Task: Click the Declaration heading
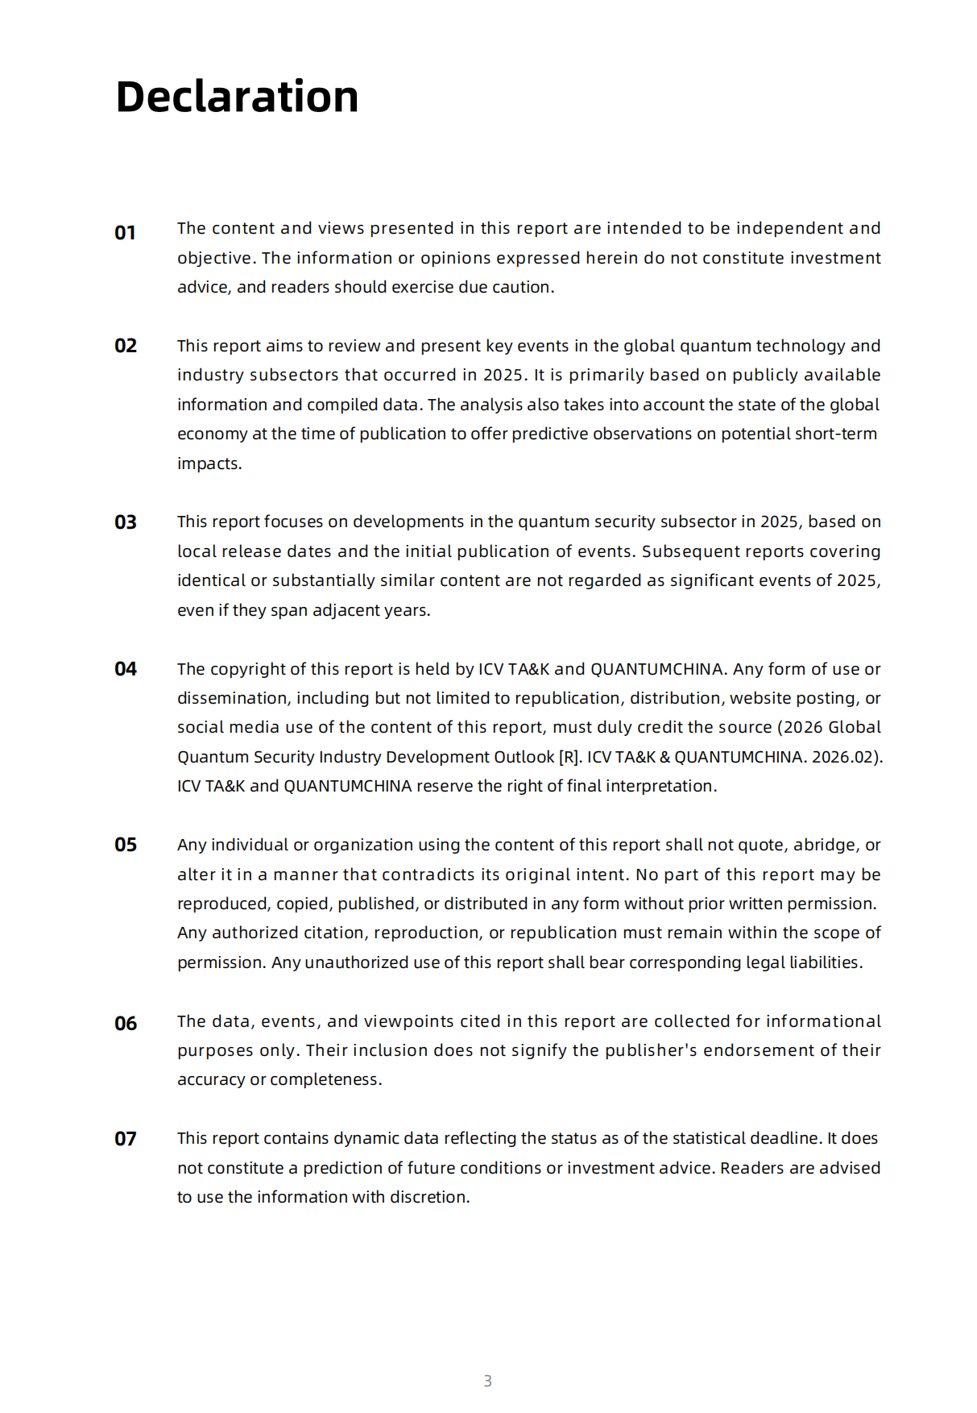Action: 237,98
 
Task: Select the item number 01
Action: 125,233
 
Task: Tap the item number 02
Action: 126,346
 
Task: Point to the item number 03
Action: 126,522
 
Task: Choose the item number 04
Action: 126,669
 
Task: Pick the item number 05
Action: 126,845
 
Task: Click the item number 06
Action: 126,1024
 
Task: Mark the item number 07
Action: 126,1139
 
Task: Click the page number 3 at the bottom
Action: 487,1381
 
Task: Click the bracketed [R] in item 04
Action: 569,757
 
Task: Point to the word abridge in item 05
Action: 825,845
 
